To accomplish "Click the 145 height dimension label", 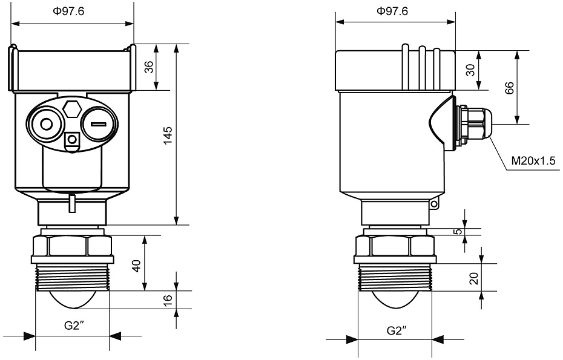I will coord(168,135).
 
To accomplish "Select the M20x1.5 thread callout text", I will coord(533,162).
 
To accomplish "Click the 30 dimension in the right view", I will coord(470,70).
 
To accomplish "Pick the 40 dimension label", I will coord(137,265).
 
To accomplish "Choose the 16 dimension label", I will coord(170,299).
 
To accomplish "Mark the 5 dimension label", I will coord(458,231).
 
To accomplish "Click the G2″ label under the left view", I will coord(74,325).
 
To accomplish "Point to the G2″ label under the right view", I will coord(396,331).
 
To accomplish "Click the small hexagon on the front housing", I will coord(73,110).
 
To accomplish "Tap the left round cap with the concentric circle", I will coord(45,125).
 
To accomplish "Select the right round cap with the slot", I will coord(99,125).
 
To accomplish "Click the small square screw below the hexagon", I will coord(73,140).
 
